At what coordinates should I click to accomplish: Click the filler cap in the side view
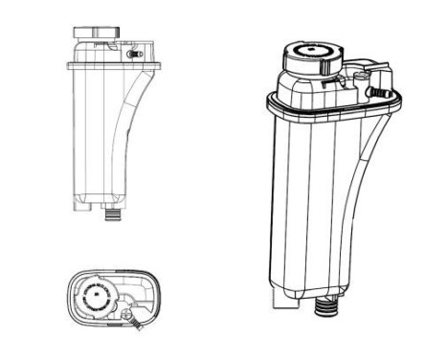coord(94,33)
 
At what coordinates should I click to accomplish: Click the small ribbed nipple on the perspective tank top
coord(384,93)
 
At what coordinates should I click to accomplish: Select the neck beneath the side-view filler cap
coord(94,48)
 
